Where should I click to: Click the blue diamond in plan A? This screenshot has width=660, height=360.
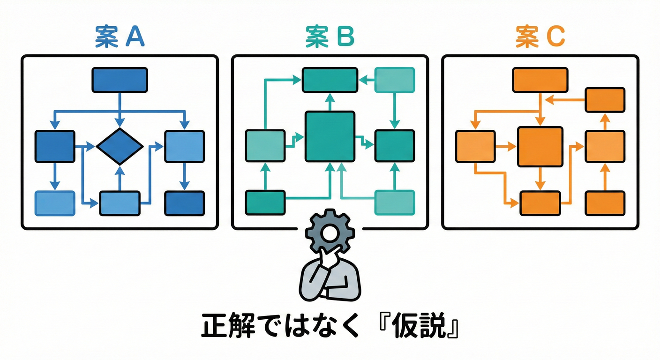click(x=120, y=146)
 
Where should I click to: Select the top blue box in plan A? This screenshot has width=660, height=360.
click(x=120, y=80)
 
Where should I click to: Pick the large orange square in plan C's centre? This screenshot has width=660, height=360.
click(x=540, y=146)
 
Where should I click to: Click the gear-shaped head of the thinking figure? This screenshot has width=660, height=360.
click(x=330, y=232)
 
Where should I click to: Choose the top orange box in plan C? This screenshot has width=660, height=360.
click(x=540, y=80)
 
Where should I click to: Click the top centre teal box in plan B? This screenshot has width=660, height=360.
click(x=330, y=80)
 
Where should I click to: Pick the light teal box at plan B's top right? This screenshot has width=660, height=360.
click(x=395, y=80)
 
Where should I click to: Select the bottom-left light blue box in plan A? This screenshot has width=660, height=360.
click(x=55, y=203)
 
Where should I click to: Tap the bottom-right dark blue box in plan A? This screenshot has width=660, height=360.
click(x=184, y=203)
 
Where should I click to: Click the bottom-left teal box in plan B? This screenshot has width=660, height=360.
click(x=265, y=202)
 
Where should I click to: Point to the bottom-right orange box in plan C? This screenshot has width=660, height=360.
click(x=605, y=202)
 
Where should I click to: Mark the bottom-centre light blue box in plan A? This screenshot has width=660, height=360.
click(x=120, y=203)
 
